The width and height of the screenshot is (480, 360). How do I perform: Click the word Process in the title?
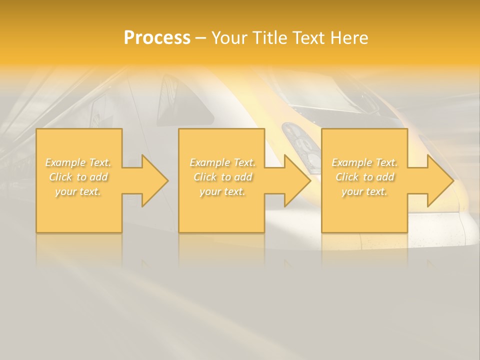coord(157,37)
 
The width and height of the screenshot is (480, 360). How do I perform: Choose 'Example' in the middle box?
coord(209,162)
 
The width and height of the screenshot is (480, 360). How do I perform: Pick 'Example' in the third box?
coord(351,162)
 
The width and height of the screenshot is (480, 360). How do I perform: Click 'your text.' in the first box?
coord(78,191)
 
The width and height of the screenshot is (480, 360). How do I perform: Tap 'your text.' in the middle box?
coord(222,191)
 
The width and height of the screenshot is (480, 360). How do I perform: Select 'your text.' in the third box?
coord(364,191)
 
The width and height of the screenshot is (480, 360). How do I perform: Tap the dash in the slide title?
coord(201,38)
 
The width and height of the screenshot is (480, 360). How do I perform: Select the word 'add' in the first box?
coord(99,177)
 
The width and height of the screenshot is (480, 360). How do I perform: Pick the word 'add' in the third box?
coord(386,177)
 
